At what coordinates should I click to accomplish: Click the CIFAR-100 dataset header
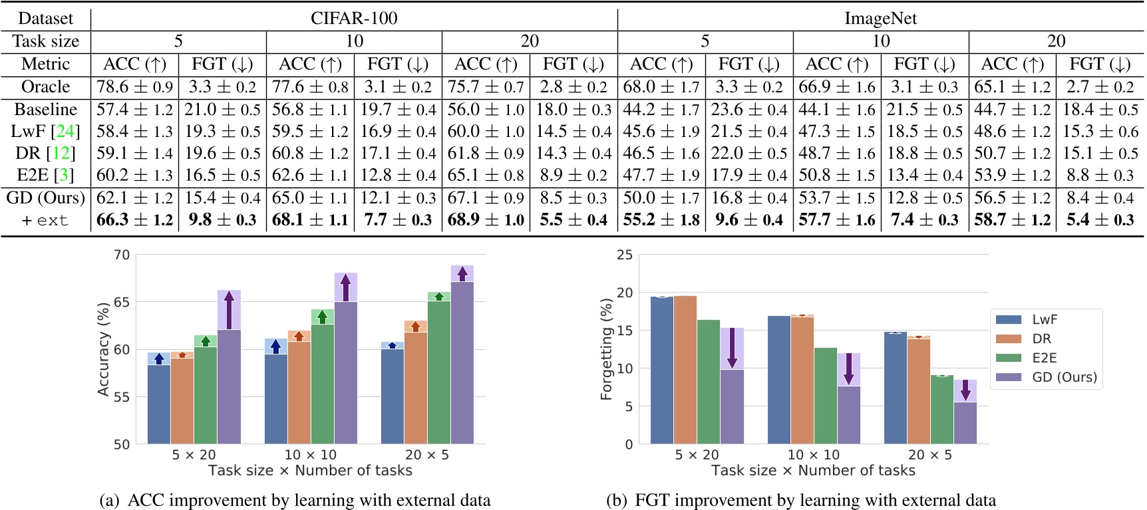(354, 18)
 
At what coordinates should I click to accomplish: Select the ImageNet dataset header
(880, 18)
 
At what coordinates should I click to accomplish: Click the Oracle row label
(45, 86)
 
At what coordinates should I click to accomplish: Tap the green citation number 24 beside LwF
(65, 131)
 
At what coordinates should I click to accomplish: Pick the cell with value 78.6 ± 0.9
(134, 86)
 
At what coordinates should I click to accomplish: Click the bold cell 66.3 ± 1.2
(134, 219)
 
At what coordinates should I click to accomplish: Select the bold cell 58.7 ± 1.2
(1012, 219)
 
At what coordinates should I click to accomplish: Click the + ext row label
(45, 220)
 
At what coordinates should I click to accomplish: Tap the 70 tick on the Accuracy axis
(122, 255)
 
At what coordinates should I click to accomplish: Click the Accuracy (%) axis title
(103, 350)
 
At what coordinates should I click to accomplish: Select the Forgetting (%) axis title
(605, 350)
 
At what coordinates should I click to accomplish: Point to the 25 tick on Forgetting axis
(625, 255)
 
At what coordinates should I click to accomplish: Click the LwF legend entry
(1045, 320)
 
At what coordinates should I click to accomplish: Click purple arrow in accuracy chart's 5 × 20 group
(229, 310)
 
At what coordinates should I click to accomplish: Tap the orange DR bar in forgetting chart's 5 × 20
(685, 370)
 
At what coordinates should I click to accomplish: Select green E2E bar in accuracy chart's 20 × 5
(439, 372)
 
